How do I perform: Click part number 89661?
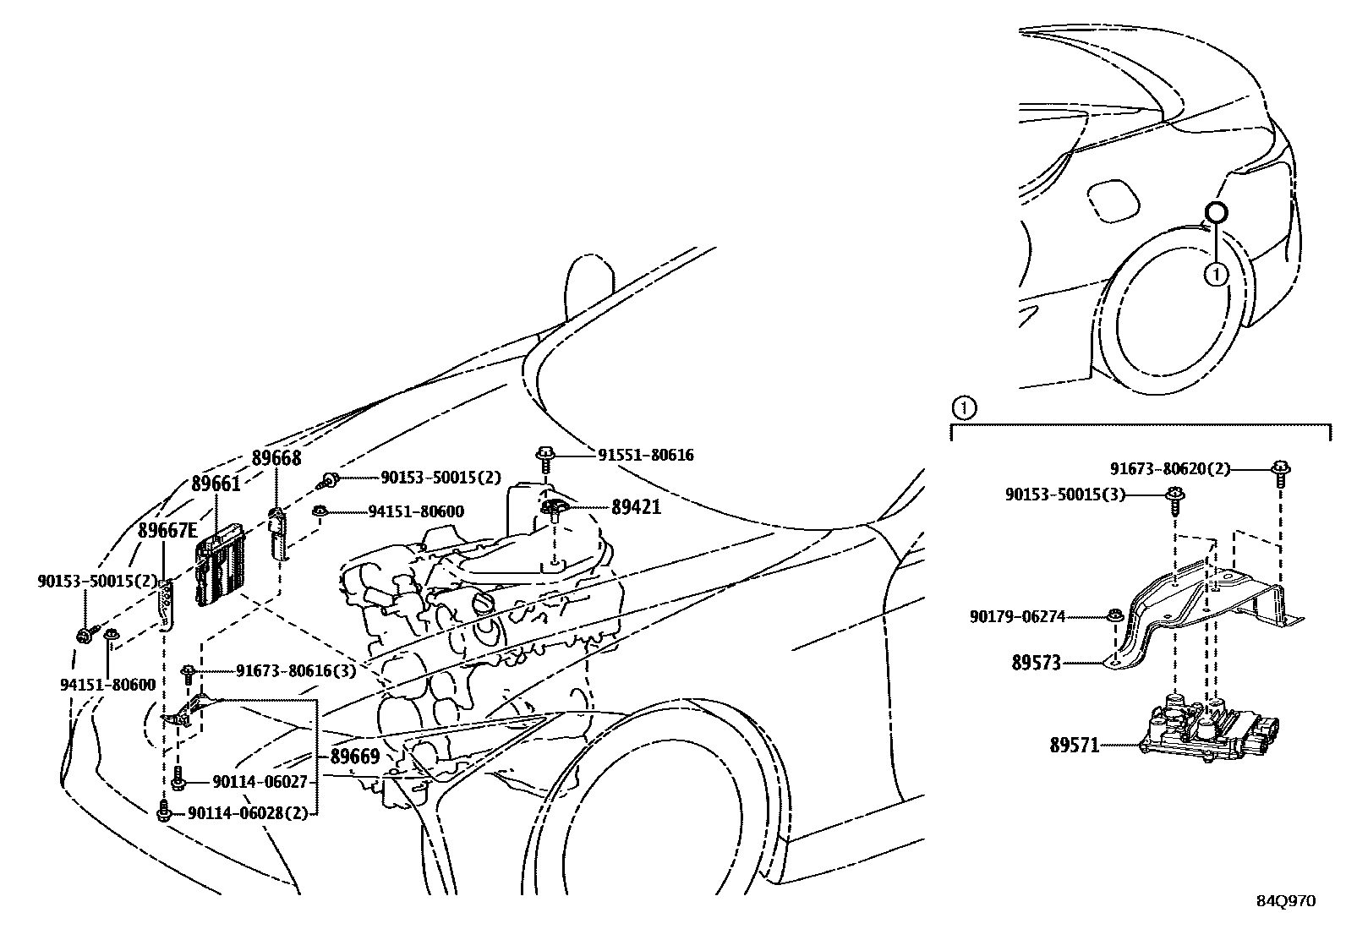click(x=216, y=484)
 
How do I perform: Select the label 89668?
click(x=276, y=458)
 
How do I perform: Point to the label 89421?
click(x=636, y=507)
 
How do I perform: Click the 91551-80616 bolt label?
click(x=646, y=456)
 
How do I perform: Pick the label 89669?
click(x=354, y=757)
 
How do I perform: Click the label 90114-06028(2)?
click(x=247, y=812)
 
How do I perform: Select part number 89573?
click(x=1036, y=663)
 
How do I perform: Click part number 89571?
click(x=1074, y=745)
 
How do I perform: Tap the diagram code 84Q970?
click(x=1285, y=901)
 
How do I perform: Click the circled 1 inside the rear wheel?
click(x=1215, y=274)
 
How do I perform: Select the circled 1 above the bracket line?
click(x=963, y=408)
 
